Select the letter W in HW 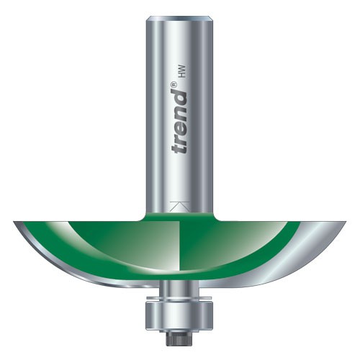tap(179, 68)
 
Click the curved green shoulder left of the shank tap(144, 216)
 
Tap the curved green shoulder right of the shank tap(216, 216)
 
